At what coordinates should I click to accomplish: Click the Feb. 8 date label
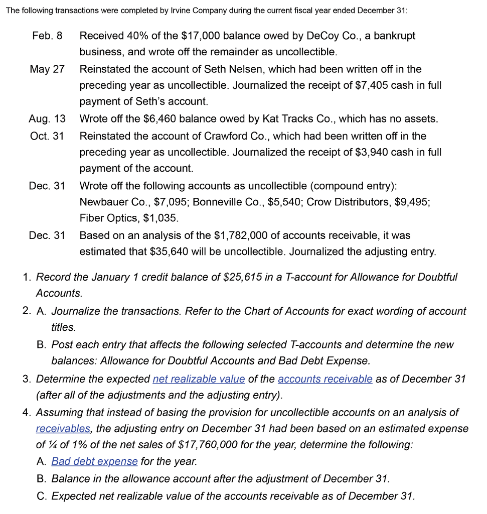[x=47, y=36]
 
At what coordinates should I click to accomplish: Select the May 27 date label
[x=47, y=69]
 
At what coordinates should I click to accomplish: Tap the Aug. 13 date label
[x=47, y=119]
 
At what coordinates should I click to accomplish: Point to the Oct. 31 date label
[x=47, y=136]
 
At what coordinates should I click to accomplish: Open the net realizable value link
[x=199, y=379]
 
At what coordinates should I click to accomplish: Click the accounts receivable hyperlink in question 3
[x=324, y=379]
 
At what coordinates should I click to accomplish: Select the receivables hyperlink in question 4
[x=63, y=429]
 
